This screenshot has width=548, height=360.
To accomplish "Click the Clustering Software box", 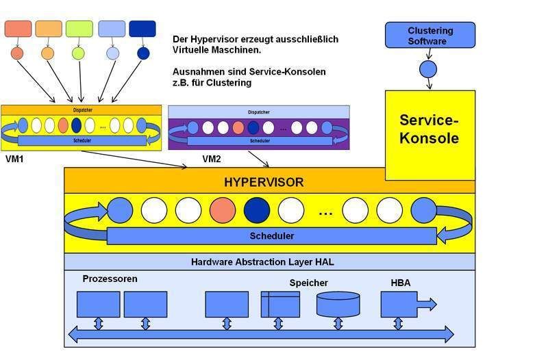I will (429, 35).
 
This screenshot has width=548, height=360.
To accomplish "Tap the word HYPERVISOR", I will (264, 182).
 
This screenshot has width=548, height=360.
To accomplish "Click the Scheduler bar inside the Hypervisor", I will (271, 236).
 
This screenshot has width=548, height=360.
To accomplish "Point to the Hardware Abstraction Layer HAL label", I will (262, 261).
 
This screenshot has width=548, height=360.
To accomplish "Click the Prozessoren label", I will (110, 279).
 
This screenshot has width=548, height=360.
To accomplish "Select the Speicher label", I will (308, 283).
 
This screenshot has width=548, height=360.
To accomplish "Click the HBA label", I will (401, 282).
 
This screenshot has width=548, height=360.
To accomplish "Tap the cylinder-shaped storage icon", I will (338, 304).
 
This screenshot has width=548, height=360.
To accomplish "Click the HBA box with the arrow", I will (404, 305).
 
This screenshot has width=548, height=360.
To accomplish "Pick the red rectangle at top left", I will (18, 29).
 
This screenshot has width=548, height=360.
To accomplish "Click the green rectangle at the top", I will (79, 29).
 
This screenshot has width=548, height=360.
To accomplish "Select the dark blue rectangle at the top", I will (142, 29).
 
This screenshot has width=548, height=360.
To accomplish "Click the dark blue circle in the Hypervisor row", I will (257, 210).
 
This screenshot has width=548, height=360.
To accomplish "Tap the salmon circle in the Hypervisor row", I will (223, 210).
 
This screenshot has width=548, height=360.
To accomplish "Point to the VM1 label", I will (14, 158).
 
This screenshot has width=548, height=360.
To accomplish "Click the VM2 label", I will (212, 159).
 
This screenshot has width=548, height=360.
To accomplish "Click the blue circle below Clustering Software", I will (428, 69).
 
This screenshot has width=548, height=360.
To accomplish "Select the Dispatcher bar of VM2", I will (258, 112).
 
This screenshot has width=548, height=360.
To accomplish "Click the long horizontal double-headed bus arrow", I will (261, 335).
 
